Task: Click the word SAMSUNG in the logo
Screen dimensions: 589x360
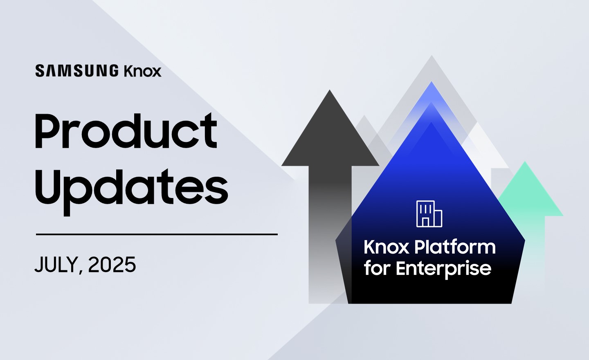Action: point(77,71)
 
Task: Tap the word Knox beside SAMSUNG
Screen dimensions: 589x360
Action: point(142,71)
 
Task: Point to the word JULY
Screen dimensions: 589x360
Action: point(56,265)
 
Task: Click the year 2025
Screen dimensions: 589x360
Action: point(112,265)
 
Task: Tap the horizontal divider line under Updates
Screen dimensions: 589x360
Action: point(157,234)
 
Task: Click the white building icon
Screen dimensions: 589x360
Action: point(429,214)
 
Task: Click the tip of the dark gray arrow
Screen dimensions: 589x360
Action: point(330,90)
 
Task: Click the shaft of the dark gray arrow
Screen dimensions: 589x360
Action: point(330,234)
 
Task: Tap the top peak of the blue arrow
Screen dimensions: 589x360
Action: point(431,81)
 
